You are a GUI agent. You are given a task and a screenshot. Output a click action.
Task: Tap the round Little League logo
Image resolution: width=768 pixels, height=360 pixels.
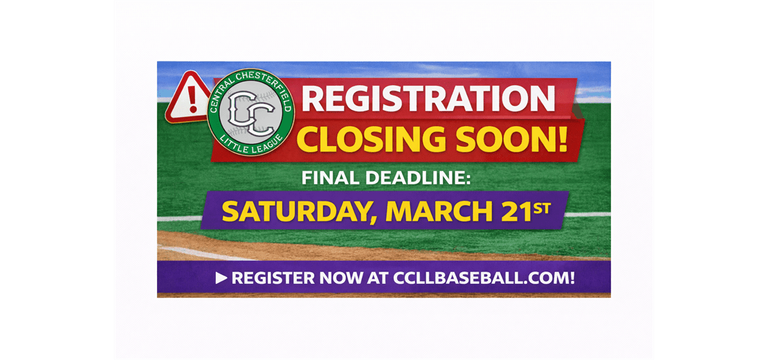pos(251,112)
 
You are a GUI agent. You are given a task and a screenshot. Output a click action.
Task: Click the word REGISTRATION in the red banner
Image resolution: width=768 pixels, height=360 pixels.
pos(428,98)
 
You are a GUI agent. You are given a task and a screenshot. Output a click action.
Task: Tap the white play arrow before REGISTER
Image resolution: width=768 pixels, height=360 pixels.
pos(221,278)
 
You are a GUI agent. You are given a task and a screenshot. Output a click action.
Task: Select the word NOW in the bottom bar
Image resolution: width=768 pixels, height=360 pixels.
pos(341,278)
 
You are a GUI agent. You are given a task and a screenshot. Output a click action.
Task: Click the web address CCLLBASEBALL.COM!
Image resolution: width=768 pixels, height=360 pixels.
pos(484,278)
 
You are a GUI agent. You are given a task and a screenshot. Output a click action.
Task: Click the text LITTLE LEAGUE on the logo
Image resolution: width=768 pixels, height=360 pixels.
pos(251,145)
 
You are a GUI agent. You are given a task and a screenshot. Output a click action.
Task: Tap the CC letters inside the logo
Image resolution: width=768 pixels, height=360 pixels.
pos(250,112)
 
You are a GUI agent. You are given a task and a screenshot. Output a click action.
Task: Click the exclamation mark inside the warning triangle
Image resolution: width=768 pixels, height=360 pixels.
pos(188,100)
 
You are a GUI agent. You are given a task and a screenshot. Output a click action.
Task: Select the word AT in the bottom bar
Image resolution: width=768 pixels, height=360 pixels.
pos(378,278)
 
